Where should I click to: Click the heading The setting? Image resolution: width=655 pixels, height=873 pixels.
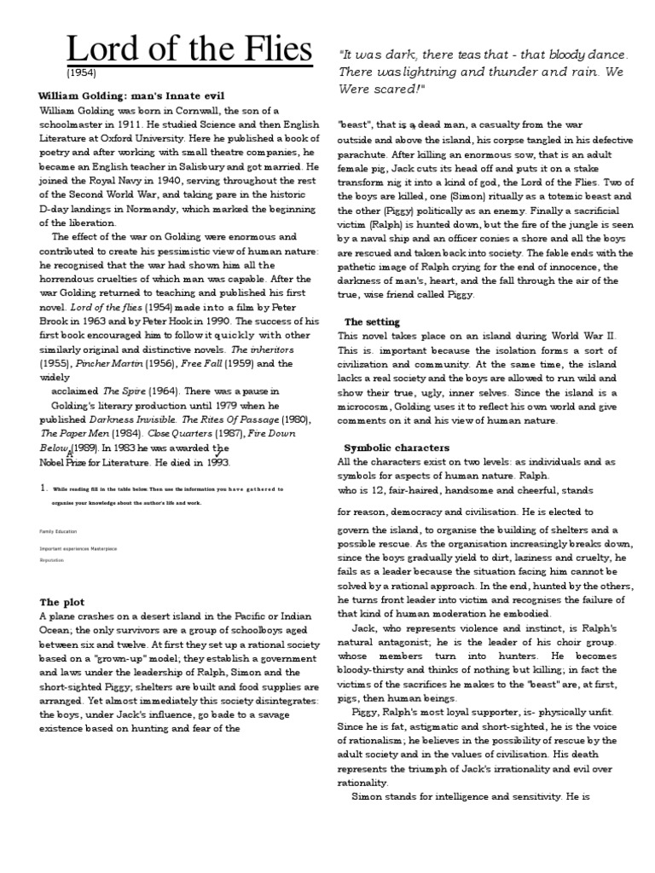point(371,321)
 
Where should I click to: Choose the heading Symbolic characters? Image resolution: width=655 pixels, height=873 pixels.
point(397,448)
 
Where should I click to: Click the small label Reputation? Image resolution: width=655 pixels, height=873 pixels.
point(51,561)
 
